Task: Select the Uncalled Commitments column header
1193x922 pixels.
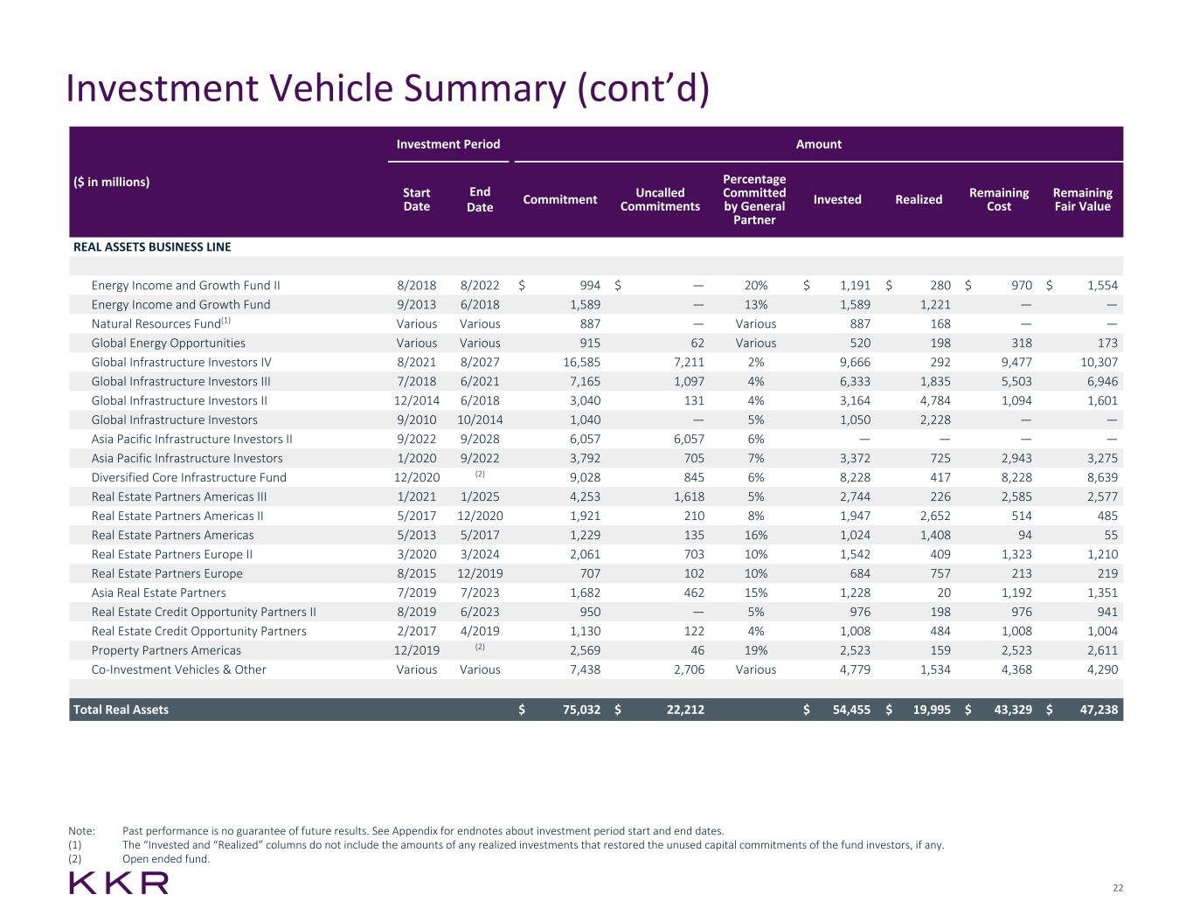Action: click(660, 199)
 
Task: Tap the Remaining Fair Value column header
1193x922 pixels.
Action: click(1082, 199)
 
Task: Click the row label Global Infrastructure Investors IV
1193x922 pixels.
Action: click(181, 362)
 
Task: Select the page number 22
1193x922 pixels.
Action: click(1118, 888)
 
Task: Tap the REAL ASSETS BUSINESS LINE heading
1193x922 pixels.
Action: click(152, 247)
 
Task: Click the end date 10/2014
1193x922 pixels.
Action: click(480, 419)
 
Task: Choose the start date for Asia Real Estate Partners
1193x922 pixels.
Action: click(417, 593)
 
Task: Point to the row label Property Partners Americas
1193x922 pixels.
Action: click(166, 650)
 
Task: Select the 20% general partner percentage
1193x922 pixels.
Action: click(755, 285)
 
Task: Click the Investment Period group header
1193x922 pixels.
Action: click(448, 144)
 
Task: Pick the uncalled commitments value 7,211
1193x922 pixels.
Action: click(685, 362)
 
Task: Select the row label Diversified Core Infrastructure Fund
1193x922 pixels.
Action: click(189, 477)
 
